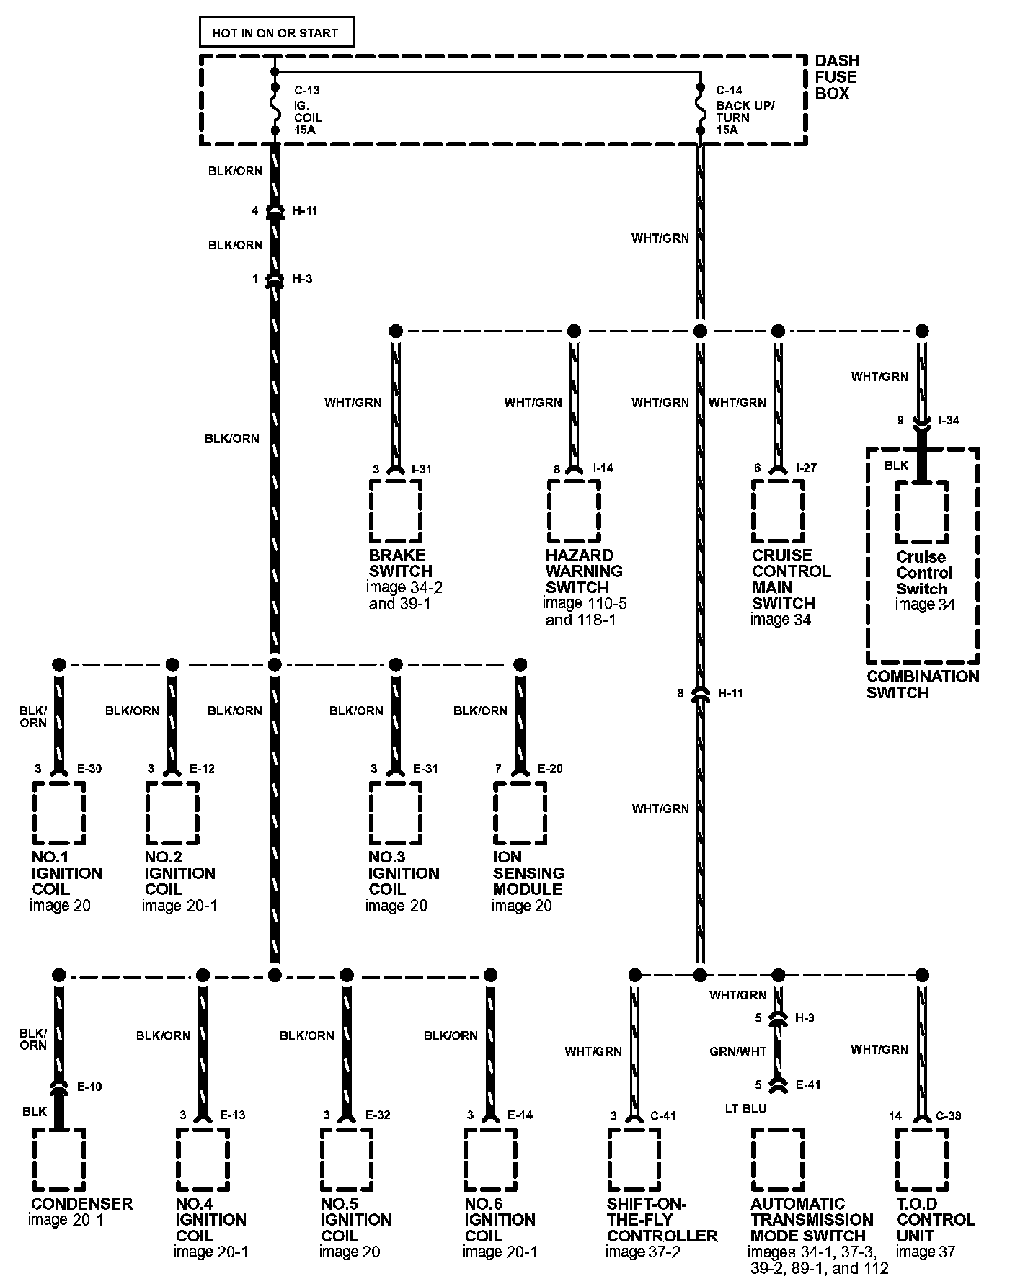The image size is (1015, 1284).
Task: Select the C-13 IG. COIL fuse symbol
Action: pos(274,110)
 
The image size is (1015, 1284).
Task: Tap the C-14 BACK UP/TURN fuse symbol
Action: pos(699,110)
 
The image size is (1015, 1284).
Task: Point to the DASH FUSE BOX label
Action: pos(837,77)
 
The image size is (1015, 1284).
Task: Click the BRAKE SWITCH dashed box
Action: pos(395,511)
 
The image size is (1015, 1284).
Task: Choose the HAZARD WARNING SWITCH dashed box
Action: pos(574,511)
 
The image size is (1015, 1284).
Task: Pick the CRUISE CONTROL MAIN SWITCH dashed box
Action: pos(778,511)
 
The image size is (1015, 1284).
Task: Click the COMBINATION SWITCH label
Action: pos(923,685)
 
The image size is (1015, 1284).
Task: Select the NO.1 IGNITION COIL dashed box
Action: pos(59,812)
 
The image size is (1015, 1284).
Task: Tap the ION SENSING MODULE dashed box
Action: pos(520,812)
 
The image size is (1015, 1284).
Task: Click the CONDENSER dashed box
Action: pos(59,1159)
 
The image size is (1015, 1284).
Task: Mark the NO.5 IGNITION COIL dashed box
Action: pos(347,1159)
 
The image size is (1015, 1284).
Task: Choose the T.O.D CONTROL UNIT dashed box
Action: pos(922,1159)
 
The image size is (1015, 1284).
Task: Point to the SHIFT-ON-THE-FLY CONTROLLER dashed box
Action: pos(634,1159)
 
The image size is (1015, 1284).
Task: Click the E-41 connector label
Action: pos(808,1084)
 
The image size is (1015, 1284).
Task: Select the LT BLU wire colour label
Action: pos(746,1109)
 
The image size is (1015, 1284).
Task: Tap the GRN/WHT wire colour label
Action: pos(738,1051)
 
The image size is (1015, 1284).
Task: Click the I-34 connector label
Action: pos(949,421)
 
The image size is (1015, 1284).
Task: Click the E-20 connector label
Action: pos(550,769)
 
